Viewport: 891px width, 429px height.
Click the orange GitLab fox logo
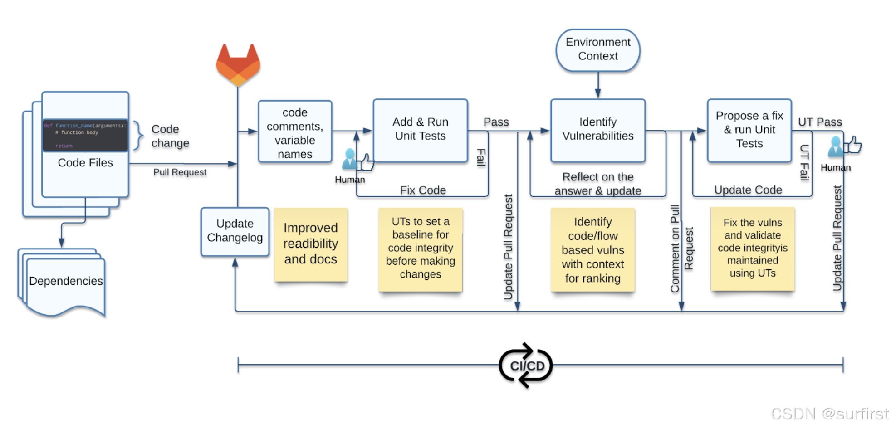coord(238,65)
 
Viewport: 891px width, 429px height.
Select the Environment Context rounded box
coord(597,49)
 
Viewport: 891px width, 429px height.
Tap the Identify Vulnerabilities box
coord(597,130)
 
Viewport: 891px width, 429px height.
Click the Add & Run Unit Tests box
coord(420,130)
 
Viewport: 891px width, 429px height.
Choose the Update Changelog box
coord(235,231)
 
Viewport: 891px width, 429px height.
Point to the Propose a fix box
coord(749,130)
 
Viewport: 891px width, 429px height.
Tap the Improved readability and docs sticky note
coord(311,244)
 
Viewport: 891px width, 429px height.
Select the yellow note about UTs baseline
coord(420,249)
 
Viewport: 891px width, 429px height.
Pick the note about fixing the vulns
coord(752,249)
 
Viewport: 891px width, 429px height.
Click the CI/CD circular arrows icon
coord(526,366)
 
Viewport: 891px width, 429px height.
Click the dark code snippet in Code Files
coord(85,135)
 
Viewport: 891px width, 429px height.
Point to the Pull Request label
coord(180,172)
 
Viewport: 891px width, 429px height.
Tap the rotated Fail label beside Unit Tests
coord(481,157)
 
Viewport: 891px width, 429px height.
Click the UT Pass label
coord(819,122)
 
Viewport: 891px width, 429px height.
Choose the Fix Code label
coord(423,190)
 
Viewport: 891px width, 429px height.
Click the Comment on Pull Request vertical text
coord(681,249)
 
